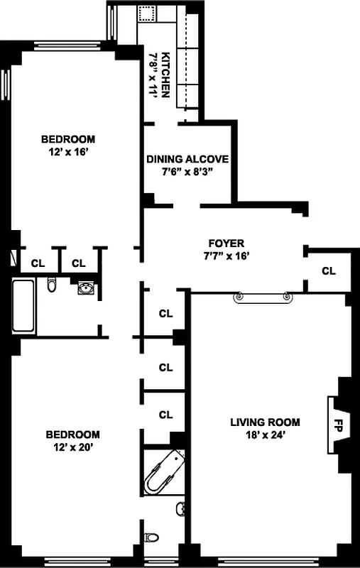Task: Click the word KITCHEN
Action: point(165,74)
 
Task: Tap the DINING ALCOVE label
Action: point(187,159)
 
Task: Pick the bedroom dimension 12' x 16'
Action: point(67,151)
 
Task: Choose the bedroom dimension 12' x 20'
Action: point(73,447)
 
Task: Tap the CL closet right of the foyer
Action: point(328,271)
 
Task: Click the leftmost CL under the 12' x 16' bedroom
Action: point(38,263)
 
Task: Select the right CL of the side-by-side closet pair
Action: point(78,263)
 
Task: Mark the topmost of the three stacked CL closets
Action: point(165,312)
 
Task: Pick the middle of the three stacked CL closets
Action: point(165,367)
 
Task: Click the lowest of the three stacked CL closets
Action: point(165,415)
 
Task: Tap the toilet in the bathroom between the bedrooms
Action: point(52,285)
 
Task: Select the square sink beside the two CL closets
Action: point(87,288)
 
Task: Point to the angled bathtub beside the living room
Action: point(163,473)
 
